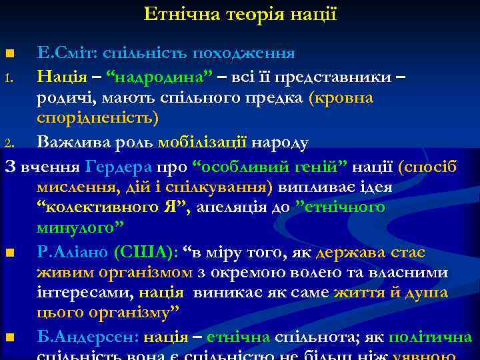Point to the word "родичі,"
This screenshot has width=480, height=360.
[x=64, y=97]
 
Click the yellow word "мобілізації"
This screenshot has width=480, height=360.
[x=203, y=141]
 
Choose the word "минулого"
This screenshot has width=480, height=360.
[x=79, y=228]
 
